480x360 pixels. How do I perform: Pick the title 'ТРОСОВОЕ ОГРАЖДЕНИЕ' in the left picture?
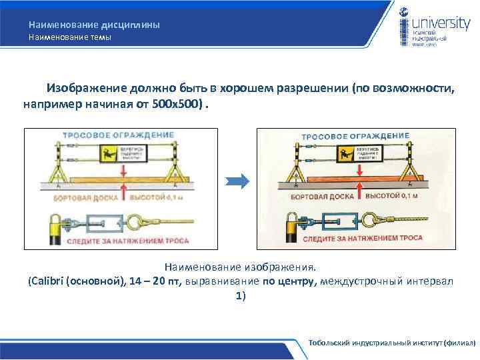(x=118, y=135)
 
